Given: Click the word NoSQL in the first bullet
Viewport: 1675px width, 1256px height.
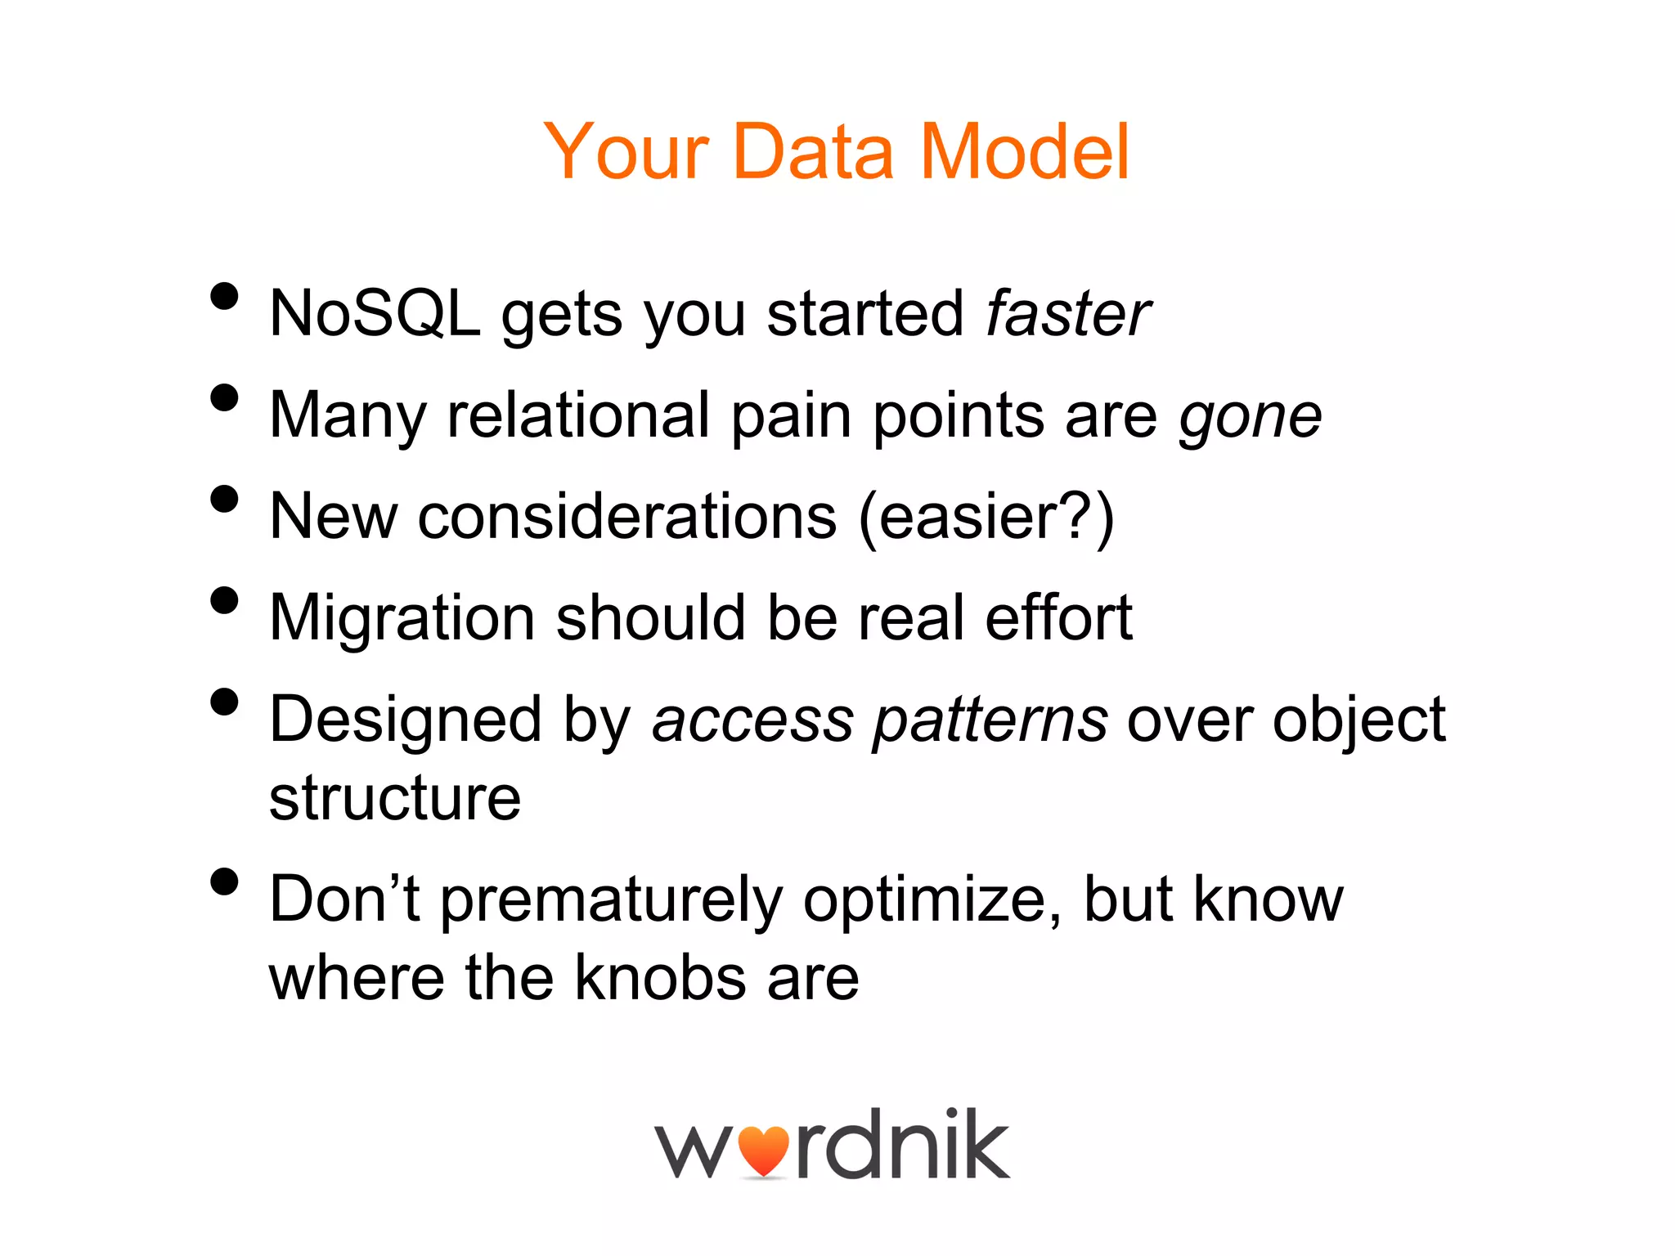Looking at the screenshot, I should pyautogui.click(x=375, y=313).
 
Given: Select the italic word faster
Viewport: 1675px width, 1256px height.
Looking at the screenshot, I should pyautogui.click(x=1067, y=313).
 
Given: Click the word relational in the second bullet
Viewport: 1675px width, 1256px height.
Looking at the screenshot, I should pyautogui.click(x=577, y=415).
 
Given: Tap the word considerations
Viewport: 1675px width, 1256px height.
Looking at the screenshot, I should pyautogui.click(x=627, y=517).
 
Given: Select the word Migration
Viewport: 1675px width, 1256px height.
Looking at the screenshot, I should pyautogui.click(x=402, y=619).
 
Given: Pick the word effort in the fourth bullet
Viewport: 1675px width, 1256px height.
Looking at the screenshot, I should pyautogui.click(x=1058, y=617).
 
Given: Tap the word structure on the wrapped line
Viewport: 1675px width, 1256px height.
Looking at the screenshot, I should pyautogui.click(x=395, y=798).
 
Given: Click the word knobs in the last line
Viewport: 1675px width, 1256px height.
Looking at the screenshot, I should pyautogui.click(x=659, y=978).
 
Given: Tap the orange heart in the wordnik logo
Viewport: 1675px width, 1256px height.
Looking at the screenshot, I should pyautogui.click(x=763, y=1150).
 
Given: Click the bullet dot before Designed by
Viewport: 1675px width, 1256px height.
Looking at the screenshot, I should pyautogui.click(x=224, y=702).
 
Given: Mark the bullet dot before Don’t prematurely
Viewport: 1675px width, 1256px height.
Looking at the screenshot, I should pyautogui.click(x=224, y=881).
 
